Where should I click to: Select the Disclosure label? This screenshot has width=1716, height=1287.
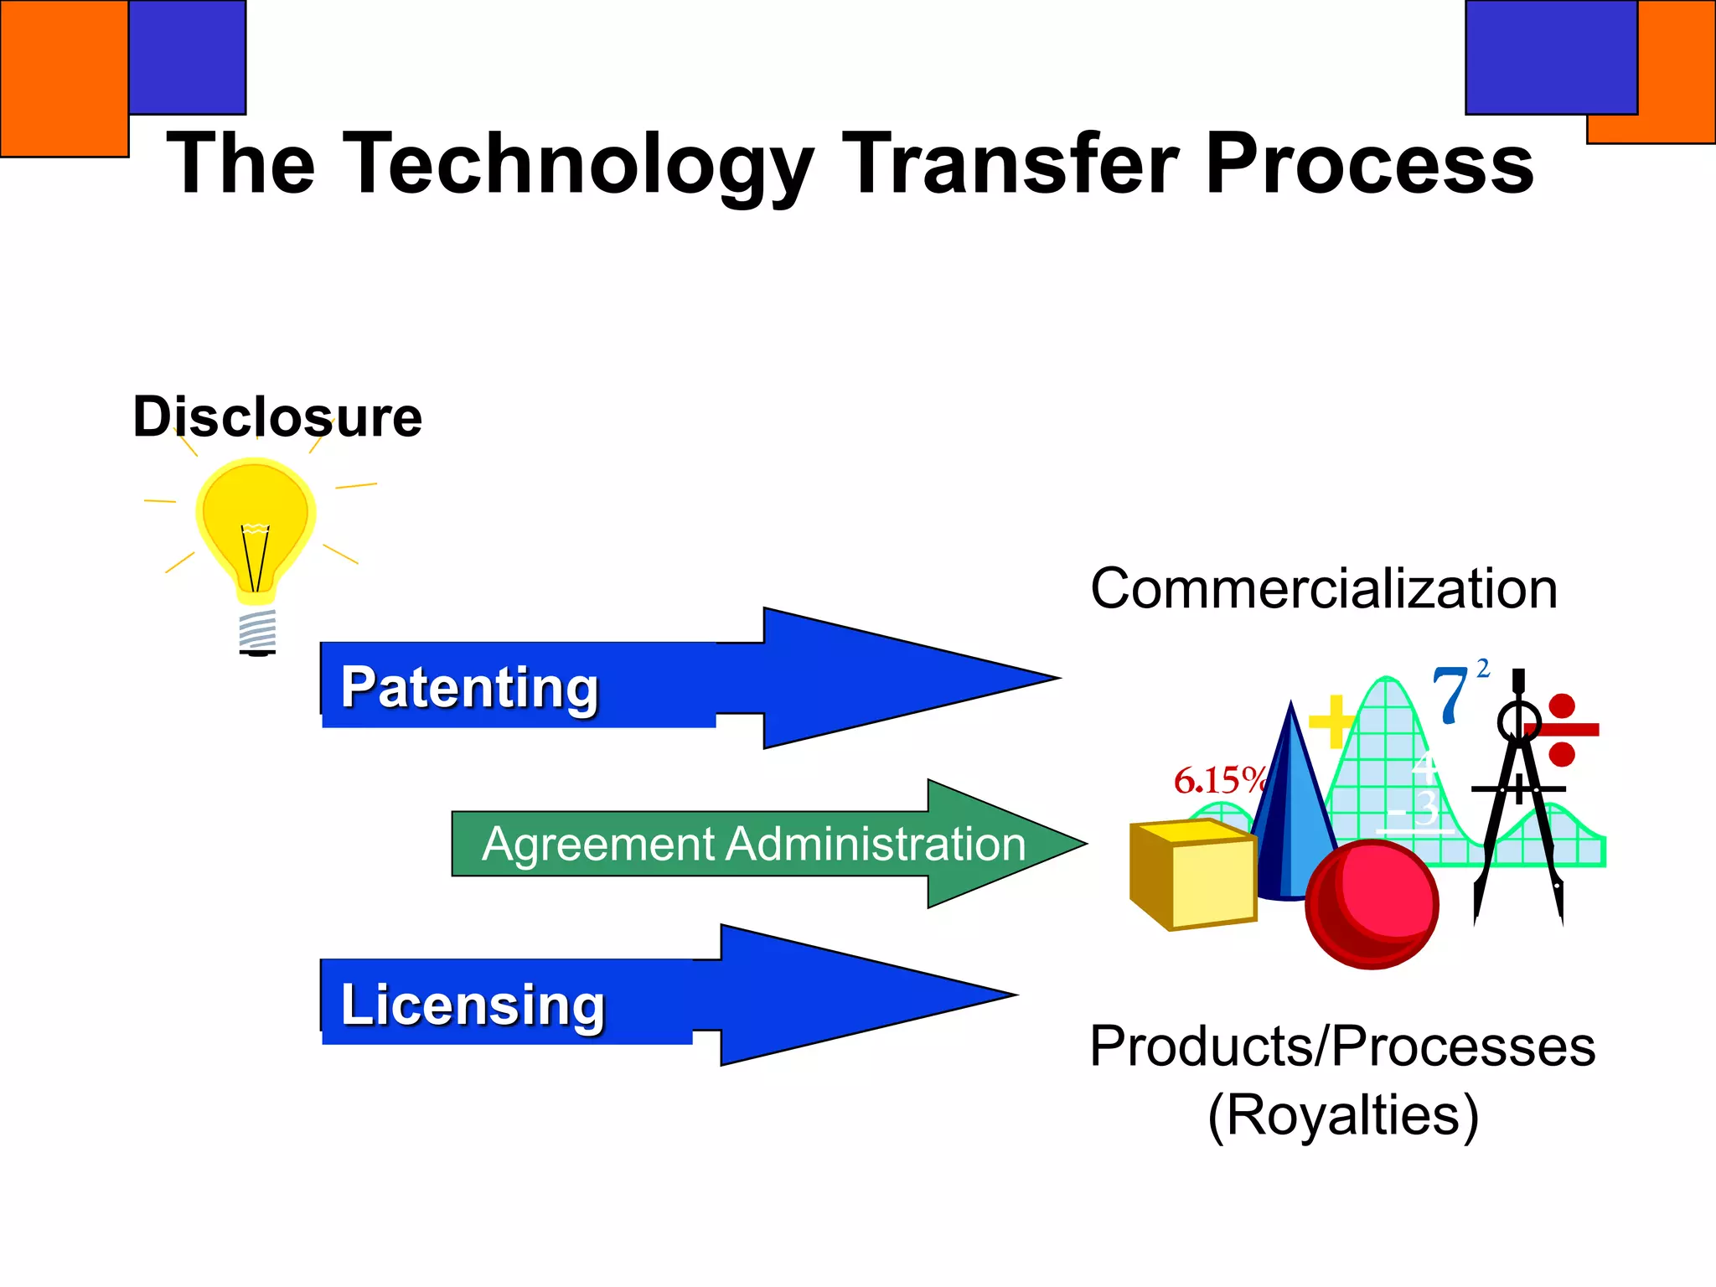277,416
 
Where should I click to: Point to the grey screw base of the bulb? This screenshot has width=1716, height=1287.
257,631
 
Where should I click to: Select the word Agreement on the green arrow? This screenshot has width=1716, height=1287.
598,844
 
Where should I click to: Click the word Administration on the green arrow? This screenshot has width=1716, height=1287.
876,844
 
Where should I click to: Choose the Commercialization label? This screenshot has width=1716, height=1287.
1324,588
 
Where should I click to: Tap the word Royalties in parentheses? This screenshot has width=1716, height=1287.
1343,1115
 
